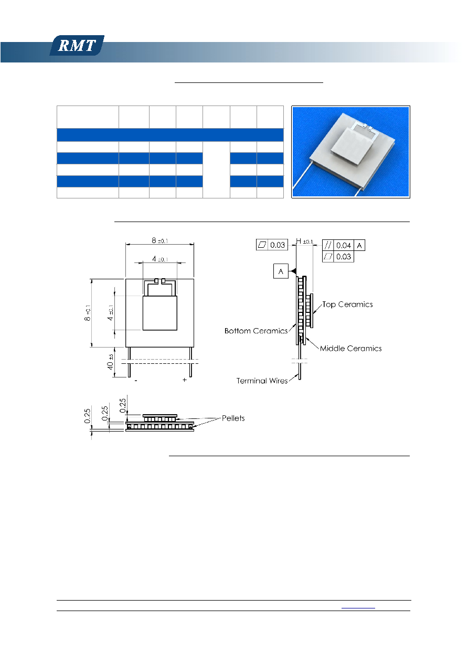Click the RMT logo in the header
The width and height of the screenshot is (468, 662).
pyautogui.click(x=77, y=45)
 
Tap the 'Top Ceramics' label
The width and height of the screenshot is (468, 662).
pyautogui.click(x=347, y=304)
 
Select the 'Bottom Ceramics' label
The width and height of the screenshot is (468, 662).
pyautogui.click(x=256, y=331)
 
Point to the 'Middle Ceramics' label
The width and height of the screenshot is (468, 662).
pyautogui.click(x=350, y=349)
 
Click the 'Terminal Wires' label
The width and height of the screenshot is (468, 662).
pyautogui.click(x=262, y=381)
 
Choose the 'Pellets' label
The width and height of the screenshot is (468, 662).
pyautogui.click(x=233, y=418)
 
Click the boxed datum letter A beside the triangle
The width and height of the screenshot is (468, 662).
pyautogui.click(x=281, y=271)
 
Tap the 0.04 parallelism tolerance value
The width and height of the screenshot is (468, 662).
pyautogui.click(x=344, y=245)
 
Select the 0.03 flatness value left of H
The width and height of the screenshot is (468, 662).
pyautogui.click(x=278, y=245)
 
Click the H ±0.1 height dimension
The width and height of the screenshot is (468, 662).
pyautogui.click(x=304, y=241)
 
